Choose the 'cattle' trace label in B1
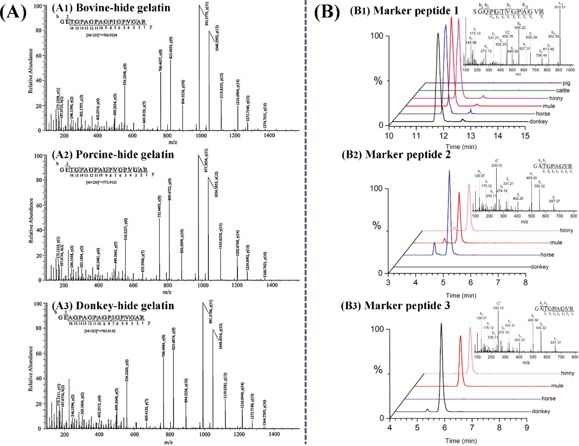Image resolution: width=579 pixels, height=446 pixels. point(563,91)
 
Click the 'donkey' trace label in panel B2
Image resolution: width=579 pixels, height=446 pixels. point(539,267)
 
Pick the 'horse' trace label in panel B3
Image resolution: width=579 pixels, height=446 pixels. point(548,398)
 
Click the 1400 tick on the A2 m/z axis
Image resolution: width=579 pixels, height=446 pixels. point(272,285)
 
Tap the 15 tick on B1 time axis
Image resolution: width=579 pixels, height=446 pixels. point(525,136)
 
